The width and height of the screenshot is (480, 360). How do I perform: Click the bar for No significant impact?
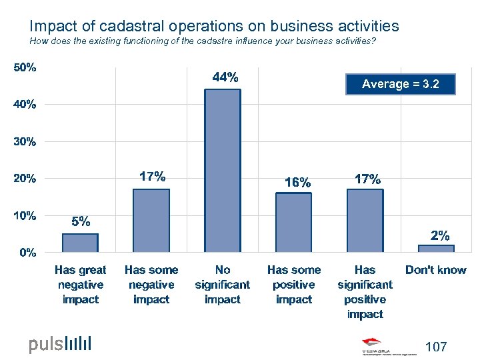[x=223, y=171]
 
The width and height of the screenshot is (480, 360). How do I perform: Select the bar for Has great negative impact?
[x=80, y=243]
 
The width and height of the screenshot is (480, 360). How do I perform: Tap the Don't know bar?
[x=436, y=248]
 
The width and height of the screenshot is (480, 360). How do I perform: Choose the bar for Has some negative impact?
[x=151, y=221]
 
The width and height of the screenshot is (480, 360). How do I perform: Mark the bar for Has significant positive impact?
[x=365, y=221]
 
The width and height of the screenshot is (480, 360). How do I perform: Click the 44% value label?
[x=225, y=77]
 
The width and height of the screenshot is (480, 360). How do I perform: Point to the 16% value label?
[x=297, y=182]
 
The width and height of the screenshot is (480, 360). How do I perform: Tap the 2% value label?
[x=439, y=235]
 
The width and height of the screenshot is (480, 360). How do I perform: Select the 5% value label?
[x=81, y=222]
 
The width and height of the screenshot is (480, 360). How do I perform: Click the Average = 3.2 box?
[x=401, y=84]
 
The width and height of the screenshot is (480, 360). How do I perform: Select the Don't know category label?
[x=436, y=270]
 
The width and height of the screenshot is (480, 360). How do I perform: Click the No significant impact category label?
[x=223, y=285]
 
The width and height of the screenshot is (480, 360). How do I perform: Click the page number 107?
[x=436, y=347]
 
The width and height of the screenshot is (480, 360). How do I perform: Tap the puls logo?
[x=59, y=344]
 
